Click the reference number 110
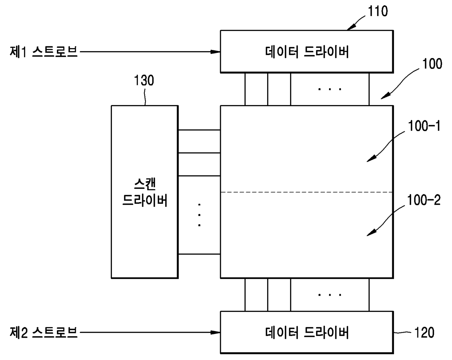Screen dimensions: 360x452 pyautogui.click(x=378, y=11)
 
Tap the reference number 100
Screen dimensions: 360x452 pyautogui.click(x=432, y=64)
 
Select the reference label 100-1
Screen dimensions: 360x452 pyautogui.click(x=424, y=126)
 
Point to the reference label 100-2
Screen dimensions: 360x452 pyautogui.click(x=424, y=200)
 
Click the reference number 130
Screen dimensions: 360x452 pyautogui.click(x=144, y=81)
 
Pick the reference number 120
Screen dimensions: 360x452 pyautogui.click(x=424, y=333)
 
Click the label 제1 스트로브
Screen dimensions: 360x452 pyautogui.click(x=43, y=52)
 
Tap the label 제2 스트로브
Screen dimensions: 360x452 pyautogui.click(x=43, y=332)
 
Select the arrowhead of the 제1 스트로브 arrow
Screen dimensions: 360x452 pyautogui.click(x=217, y=52)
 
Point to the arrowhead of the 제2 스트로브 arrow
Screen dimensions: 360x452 pyautogui.click(x=217, y=332)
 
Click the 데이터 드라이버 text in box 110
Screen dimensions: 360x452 pyautogui.click(x=307, y=52)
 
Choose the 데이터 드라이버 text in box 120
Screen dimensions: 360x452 pyautogui.click(x=307, y=332)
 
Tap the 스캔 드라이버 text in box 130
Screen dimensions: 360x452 pyautogui.click(x=145, y=192)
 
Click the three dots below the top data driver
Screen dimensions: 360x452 pyautogui.click(x=330, y=89)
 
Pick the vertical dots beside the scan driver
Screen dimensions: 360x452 pyautogui.click(x=199, y=215)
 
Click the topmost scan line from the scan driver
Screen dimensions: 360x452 pyautogui.click(x=199, y=130)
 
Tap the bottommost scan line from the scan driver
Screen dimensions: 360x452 pyautogui.click(x=199, y=254)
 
